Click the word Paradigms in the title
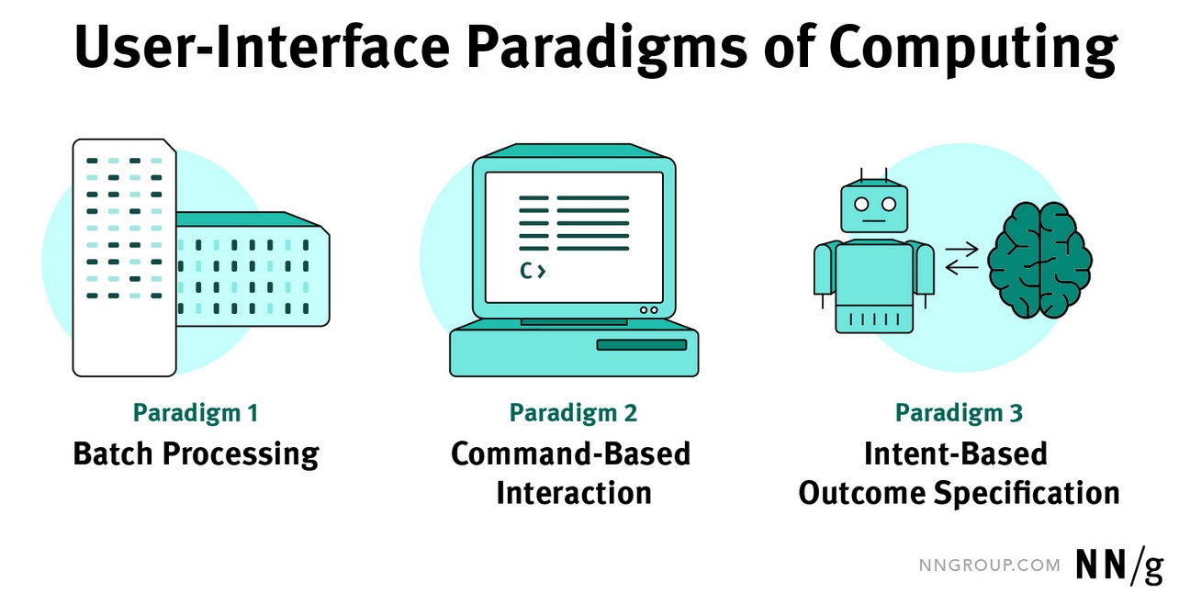click(607, 49)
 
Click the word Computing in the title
click(973, 49)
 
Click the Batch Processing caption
click(196, 454)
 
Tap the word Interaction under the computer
click(574, 493)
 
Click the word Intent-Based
click(955, 454)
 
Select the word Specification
click(1027, 494)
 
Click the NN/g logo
click(1119, 565)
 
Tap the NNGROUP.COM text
click(990, 565)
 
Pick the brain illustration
click(1039, 261)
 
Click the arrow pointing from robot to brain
click(961, 249)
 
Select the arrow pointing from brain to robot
click(961, 268)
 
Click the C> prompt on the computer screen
click(533, 271)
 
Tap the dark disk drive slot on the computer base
click(642, 345)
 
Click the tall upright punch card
click(124, 258)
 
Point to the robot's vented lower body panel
click(874, 319)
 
